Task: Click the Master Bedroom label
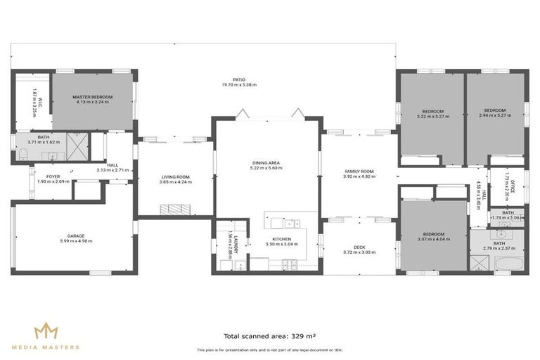click(x=92, y=97)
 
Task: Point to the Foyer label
click(x=53, y=176)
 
